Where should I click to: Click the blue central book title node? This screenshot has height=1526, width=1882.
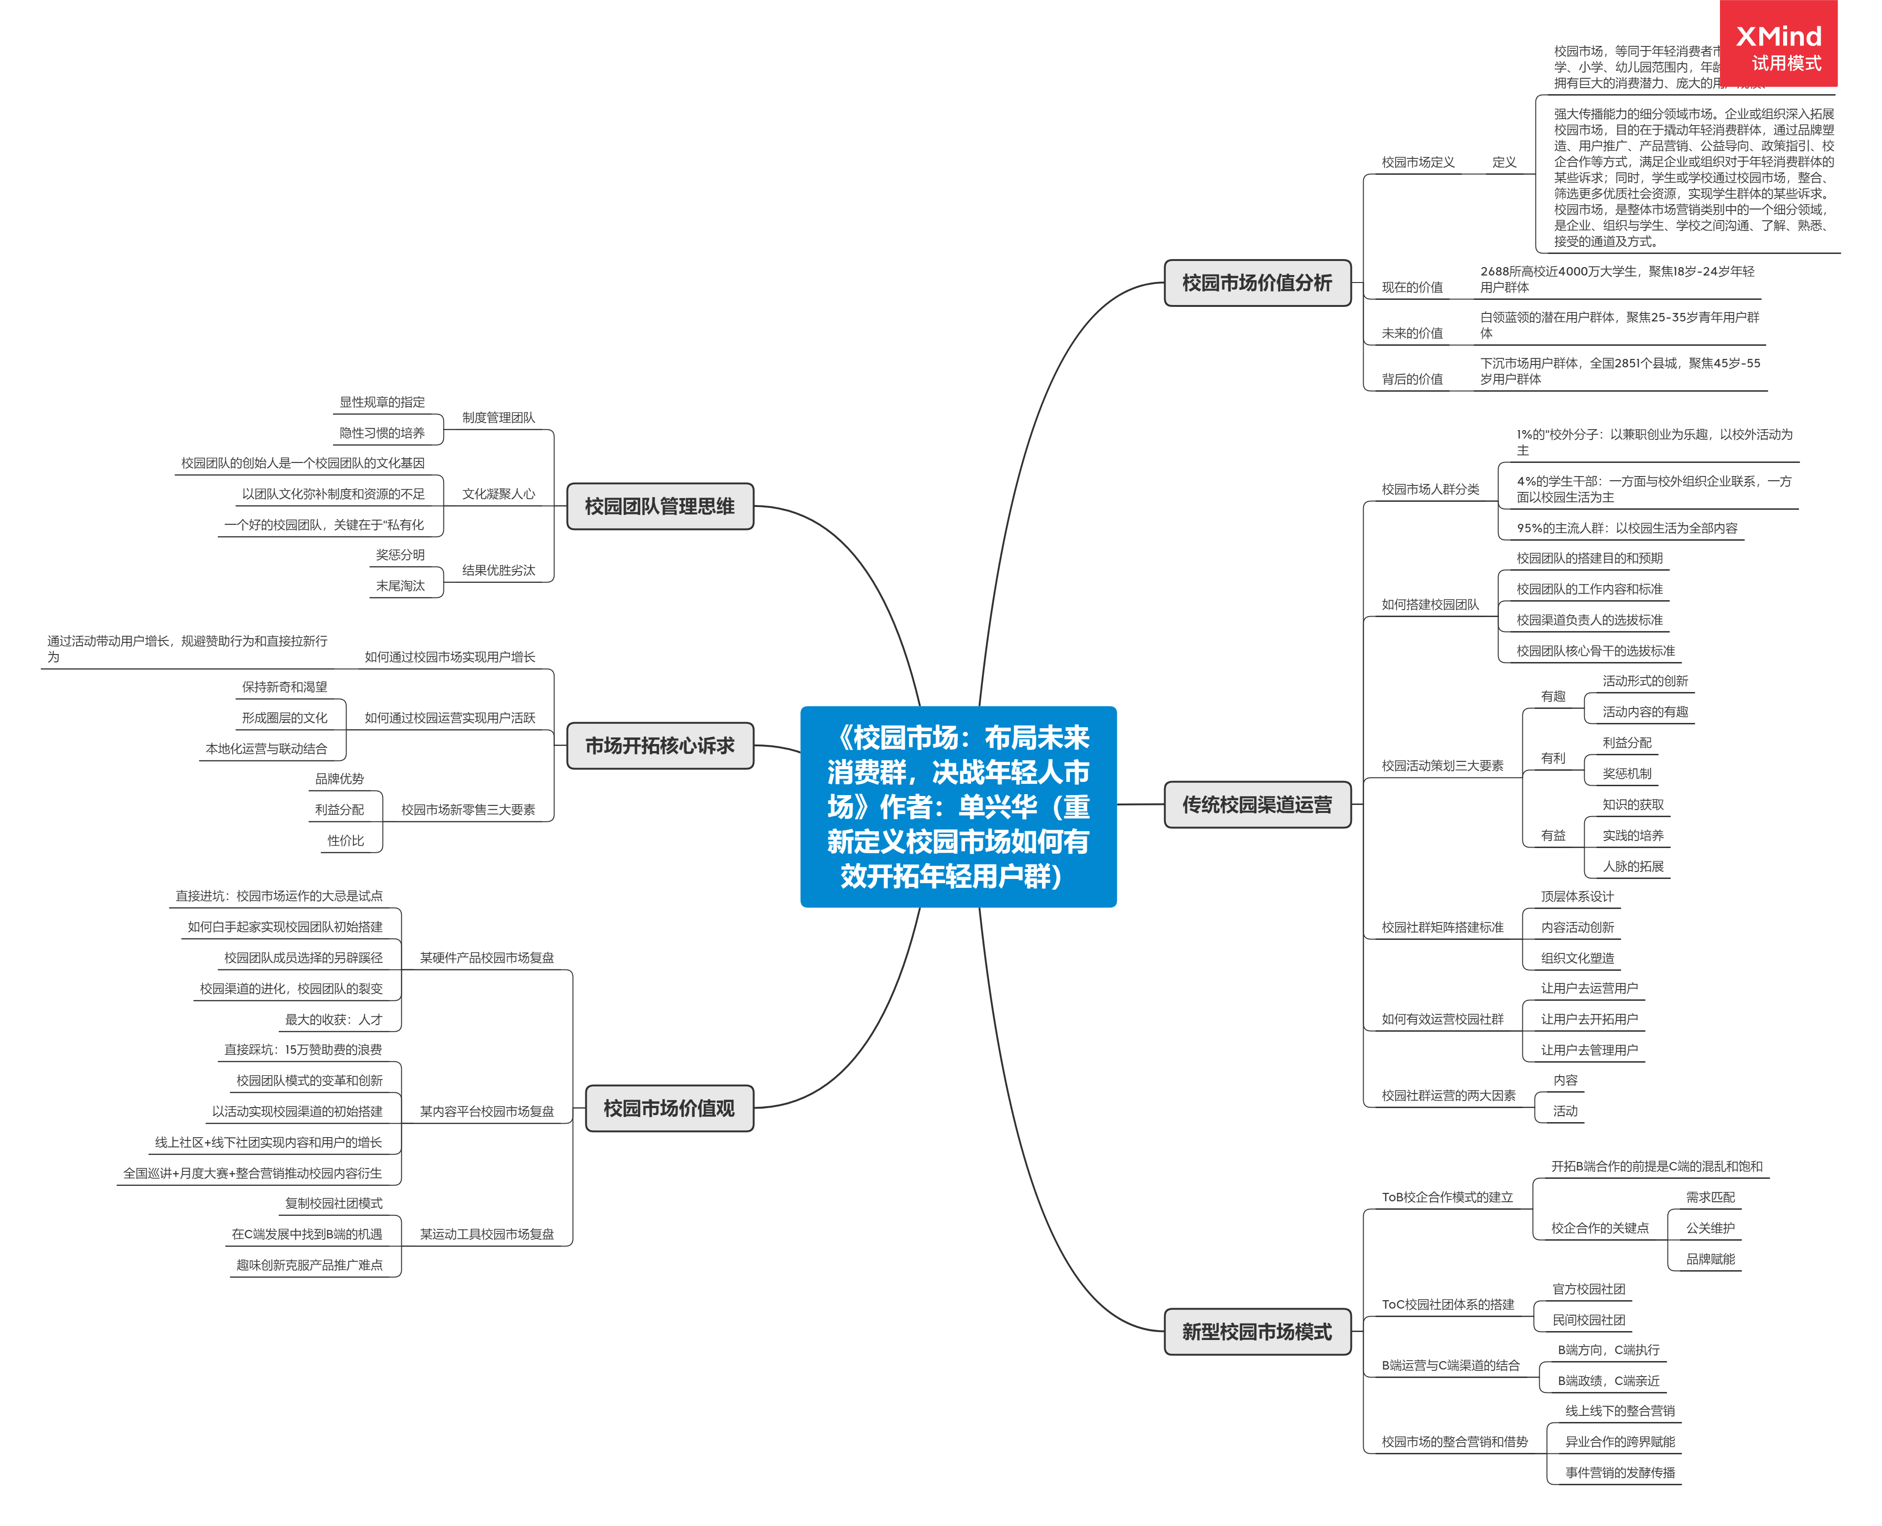pyautogui.click(x=958, y=806)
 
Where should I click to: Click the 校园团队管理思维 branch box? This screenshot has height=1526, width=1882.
pyautogui.click(x=660, y=506)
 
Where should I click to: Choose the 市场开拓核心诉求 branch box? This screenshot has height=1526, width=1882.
pyautogui.click(x=660, y=745)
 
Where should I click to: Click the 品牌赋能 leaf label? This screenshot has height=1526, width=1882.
pyautogui.click(x=1710, y=1259)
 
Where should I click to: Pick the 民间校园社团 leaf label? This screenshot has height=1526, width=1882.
pyautogui.click(x=1588, y=1319)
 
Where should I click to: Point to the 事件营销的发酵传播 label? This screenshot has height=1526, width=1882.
pyautogui.click(x=1619, y=1473)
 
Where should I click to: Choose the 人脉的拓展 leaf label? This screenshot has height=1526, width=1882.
pyautogui.click(x=1632, y=866)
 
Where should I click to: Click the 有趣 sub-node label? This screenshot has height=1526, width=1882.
pyautogui.click(x=1552, y=696)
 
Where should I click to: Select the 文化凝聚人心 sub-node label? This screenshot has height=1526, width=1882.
pyautogui.click(x=498, y=494)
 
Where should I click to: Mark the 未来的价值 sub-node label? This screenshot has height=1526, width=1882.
pyautogui.click(x=1412, y=333)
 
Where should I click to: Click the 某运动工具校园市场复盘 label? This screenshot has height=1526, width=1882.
pyautogui.click(x=487, y=1234)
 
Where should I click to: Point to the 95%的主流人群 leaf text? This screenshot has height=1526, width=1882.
pyautogui.click(x=1626, y=529)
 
